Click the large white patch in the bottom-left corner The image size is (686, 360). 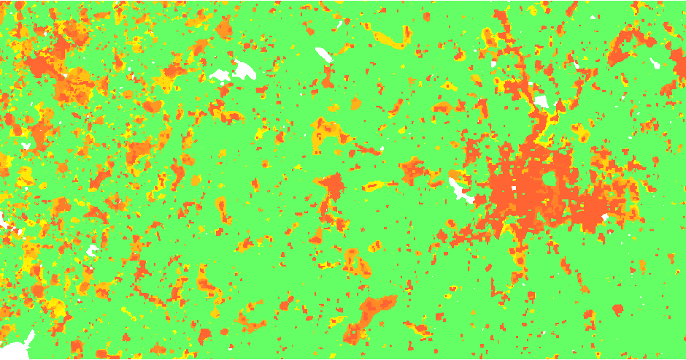(18, 345)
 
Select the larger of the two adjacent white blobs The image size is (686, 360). (244, 70)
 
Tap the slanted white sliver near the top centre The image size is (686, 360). (323, 54)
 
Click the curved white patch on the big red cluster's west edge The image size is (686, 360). (461, 191)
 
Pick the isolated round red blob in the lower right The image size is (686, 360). (618, 310)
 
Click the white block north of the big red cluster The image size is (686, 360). (542, 102)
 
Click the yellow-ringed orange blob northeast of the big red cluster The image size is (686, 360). (582, 134)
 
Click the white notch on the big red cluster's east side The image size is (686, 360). (605, 218)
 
